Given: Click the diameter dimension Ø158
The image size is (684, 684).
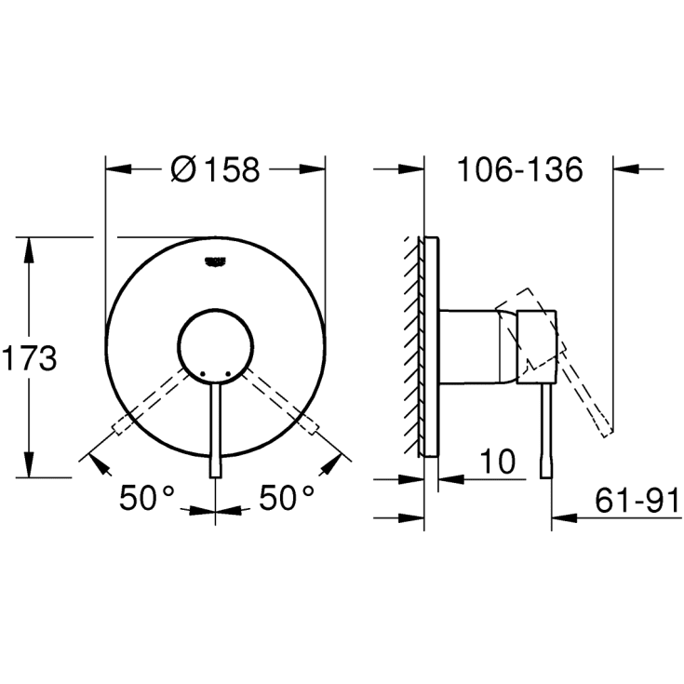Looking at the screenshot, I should coord(216,170).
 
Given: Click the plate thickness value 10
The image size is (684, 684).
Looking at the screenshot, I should coord(499,463).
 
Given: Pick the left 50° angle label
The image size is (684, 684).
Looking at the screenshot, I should coord(147,499).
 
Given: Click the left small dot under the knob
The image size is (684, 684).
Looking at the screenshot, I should coord(201,374).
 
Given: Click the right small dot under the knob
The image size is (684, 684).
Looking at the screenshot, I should coord(228,374).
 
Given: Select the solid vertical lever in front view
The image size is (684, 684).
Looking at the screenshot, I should coord(216,428).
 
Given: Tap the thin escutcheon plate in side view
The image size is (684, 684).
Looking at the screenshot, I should coord(430,344).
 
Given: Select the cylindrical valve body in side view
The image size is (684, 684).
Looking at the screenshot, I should coord(475,344).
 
